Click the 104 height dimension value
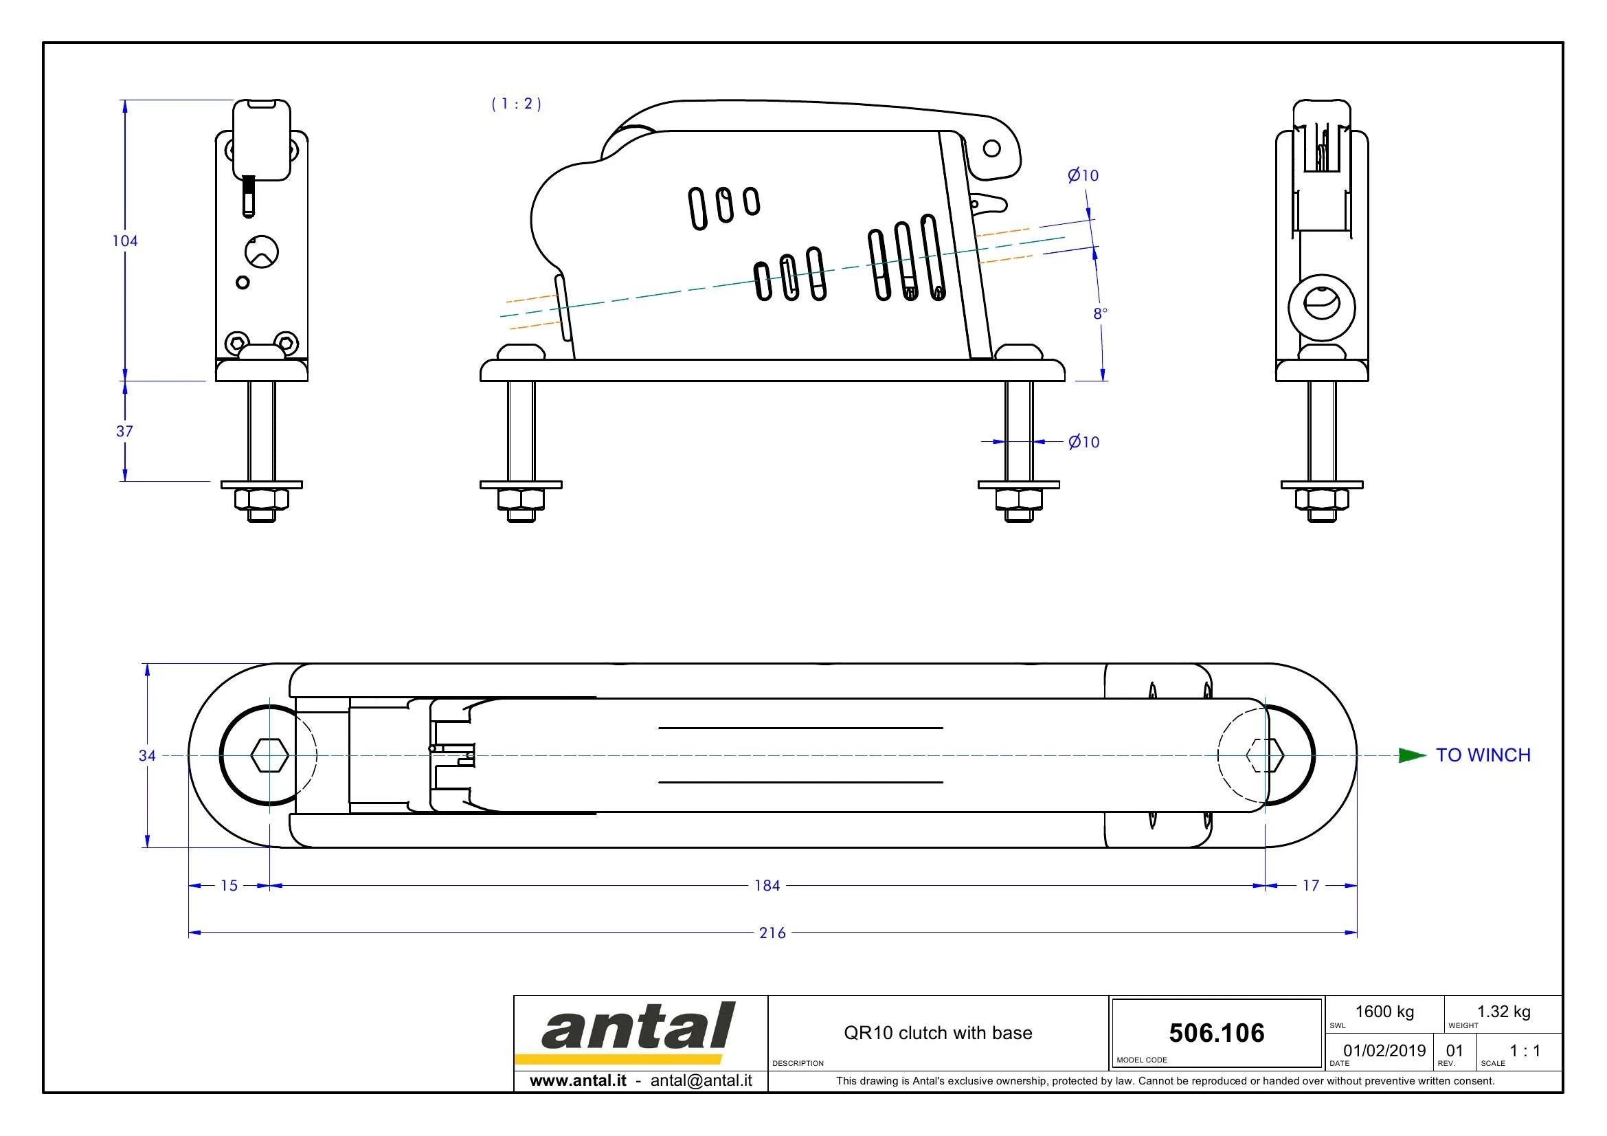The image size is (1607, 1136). (x=125, y=241)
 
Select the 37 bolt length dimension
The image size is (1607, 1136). (x=124, y=431)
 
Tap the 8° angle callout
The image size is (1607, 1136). (x=1100, y=313)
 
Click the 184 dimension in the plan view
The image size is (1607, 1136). (x=767, y=885)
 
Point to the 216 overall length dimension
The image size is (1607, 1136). (x=773, y=933)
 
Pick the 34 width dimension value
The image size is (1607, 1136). (x=147, y=755)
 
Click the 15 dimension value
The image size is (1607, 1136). (x=229, y=885)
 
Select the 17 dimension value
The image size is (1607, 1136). (x=1311, y=885)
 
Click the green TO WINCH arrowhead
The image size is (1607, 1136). (x=1413, y=755)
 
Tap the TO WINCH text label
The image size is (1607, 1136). (x=1483, y=755)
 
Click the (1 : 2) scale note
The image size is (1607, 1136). (x=517, y=104)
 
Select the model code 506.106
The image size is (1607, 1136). (x=1217, y=1033)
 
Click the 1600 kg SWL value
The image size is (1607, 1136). (x=1384, y=1012)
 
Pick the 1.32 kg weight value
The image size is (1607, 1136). (x=1503, y=1012)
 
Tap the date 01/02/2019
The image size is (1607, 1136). (x=1384, y=1051)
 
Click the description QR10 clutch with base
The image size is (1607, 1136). (x=938, y=1033)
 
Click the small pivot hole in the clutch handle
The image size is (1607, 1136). (x=992, y=148)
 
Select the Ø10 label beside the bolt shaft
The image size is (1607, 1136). (x=1084, y=442)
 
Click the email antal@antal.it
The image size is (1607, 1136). (x=701, y=1081)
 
